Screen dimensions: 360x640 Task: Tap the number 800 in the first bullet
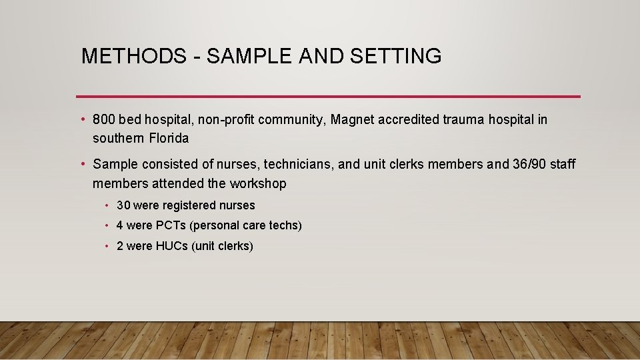click(105, 120)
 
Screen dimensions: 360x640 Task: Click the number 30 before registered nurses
click(123, 205)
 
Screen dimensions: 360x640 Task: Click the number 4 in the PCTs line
click(120, 225)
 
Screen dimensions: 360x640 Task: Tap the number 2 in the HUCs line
click(120, 246)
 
